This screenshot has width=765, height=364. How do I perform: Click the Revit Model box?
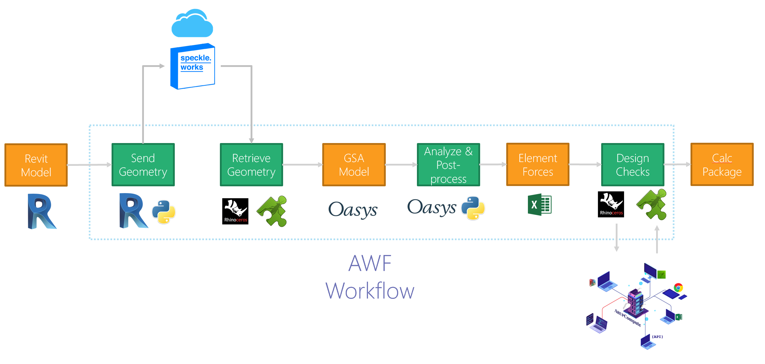click(36, 165)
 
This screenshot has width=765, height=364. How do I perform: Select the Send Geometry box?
click(143, 165)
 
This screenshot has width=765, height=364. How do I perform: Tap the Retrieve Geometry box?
click(251, 165)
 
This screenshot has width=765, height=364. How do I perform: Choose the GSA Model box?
click(354, 165)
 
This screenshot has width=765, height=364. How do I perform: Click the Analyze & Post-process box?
click(448, 165)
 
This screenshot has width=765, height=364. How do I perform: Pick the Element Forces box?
click(537, 165)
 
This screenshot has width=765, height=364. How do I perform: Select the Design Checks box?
click(633, 165)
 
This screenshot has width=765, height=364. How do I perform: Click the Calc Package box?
click(722, 165)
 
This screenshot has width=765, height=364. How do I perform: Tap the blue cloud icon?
click(192, 24)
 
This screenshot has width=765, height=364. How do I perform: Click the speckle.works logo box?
click(193, 66)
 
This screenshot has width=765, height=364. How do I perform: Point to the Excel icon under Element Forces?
click(539, 205)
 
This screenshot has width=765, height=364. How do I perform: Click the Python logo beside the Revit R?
click(164, 212)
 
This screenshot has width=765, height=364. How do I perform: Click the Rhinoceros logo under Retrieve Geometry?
click(235, 211)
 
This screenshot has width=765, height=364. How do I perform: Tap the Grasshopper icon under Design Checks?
click(652, 205)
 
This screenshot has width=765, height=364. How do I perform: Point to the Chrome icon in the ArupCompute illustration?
click(678, 288)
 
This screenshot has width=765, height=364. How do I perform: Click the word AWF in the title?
click(370, 263)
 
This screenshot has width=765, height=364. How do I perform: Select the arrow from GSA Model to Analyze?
click(401, 165)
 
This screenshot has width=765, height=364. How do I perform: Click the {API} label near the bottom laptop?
click(657, 337)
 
